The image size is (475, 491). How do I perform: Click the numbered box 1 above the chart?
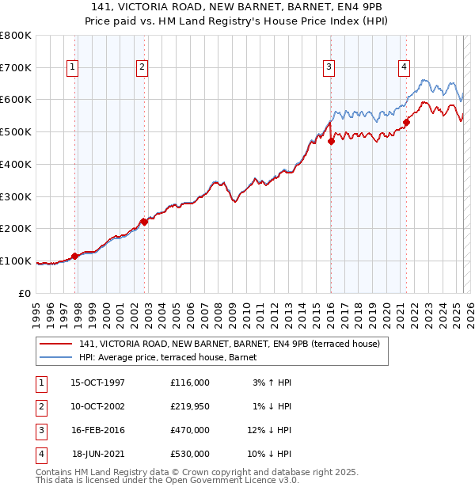(x=72, y=68)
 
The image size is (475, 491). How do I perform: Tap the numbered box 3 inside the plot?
(x=328, y=68)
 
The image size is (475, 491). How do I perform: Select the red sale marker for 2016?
(x=332, y=141)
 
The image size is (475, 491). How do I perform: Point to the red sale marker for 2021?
(x=406, y=122)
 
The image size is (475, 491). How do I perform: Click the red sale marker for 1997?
(x=75, y=256)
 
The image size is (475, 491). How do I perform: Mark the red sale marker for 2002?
(x=145, y=222)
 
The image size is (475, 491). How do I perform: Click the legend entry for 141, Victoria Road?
(x=230, y=344)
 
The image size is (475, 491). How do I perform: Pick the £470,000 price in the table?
(x=190, y=430)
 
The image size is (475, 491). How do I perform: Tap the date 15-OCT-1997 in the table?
(x=97, y=383)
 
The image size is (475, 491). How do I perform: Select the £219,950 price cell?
(x=190, y=406)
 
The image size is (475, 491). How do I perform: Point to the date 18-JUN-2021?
(x=98, y=454)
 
